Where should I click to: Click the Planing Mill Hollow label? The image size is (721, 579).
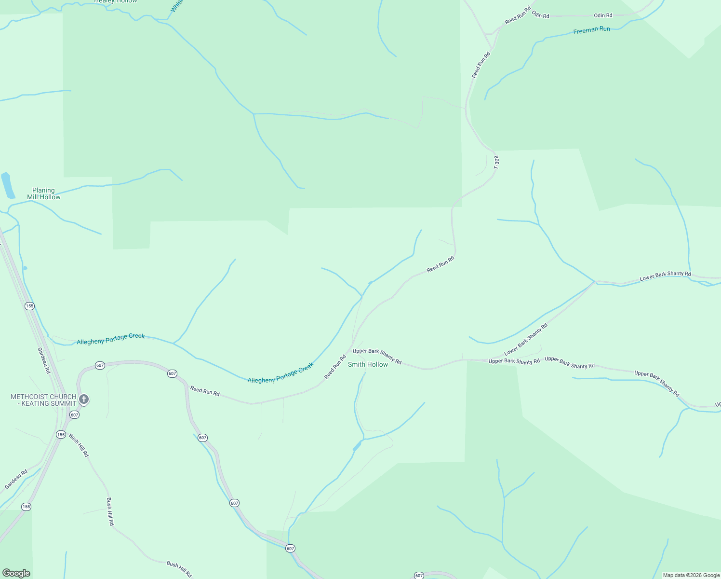[44, 193]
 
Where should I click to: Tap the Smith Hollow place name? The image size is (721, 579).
[368, 364]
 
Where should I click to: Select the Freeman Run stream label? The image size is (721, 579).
[591, 30]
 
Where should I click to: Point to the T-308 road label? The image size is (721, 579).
[496, 162]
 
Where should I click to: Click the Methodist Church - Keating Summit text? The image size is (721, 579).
[44, 400]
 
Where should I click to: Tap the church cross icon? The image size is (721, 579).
[84, 399]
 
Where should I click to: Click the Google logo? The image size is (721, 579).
[16, 573]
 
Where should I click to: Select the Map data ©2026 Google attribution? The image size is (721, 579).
[691, 575]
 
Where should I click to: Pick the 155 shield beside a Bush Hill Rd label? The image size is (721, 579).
[61, 435]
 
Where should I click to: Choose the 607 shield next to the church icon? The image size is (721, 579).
[74, 414]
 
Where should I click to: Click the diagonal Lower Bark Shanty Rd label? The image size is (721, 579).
[526, 340]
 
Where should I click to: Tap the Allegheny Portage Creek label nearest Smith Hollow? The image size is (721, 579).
[280, 373]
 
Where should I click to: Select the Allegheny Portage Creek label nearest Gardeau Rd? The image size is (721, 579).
[110, 339]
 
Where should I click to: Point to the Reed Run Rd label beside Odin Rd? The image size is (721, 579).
[518, 15]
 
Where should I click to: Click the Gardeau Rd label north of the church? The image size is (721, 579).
[44, 360]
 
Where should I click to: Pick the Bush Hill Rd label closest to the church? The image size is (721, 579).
[79, 445]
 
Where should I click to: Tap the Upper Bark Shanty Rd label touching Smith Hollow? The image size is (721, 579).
[377, 356]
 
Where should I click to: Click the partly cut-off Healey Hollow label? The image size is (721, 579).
[116, 1]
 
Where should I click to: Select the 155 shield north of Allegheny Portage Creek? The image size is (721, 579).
[30, 306]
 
